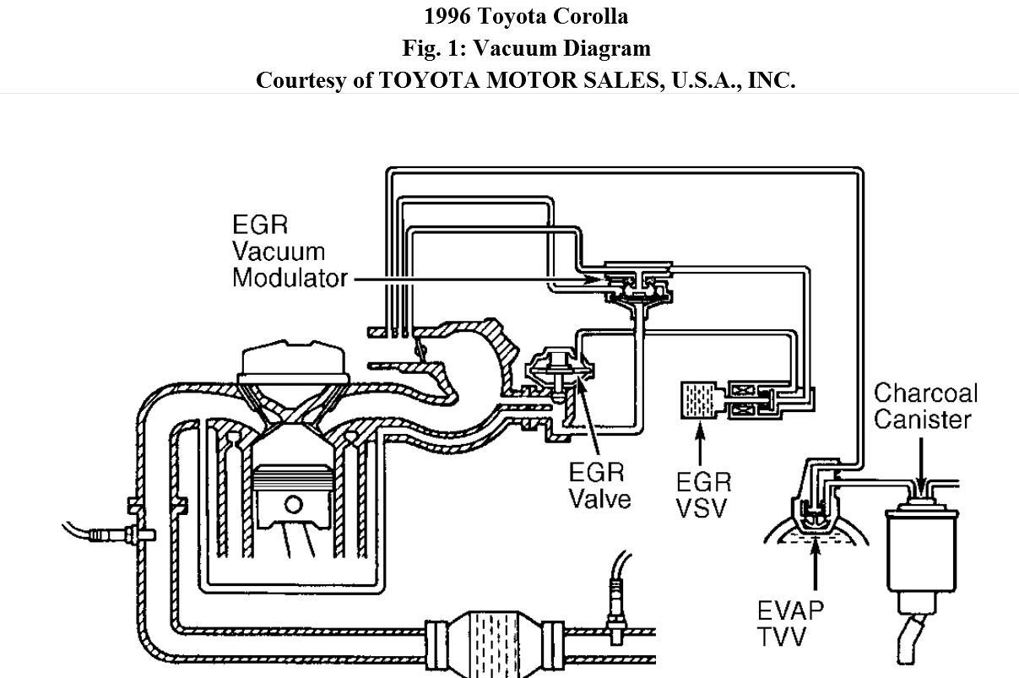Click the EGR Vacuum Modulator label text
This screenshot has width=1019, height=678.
[289, 251]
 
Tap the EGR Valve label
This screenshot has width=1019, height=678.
[599, 485]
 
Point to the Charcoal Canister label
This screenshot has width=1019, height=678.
[924, 406]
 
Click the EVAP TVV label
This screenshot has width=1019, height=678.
[789, 621]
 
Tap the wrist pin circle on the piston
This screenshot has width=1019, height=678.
[292, 505]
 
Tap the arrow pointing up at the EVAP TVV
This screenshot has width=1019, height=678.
[816, 574]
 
